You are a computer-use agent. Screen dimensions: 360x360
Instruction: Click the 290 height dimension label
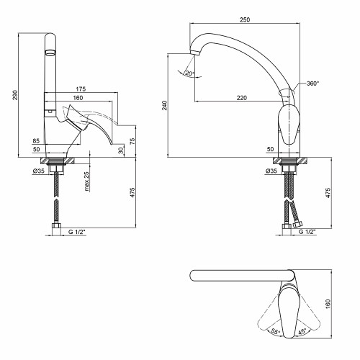(15, 95)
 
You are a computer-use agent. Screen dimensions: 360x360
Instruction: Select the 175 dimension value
(81, 89)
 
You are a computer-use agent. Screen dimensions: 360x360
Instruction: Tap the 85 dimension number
(36, 141)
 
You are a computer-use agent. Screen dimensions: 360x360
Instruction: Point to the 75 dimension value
(132, 141)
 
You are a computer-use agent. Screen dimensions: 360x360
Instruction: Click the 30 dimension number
(121, 150)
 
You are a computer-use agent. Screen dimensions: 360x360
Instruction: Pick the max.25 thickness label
(86, 181)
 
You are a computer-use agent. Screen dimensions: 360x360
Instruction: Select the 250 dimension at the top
(245, 19)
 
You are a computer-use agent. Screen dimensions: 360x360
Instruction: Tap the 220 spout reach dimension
(242, 98)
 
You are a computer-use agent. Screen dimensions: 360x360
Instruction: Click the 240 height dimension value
(164, 105)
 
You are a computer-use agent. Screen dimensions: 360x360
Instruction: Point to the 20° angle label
(190, 73)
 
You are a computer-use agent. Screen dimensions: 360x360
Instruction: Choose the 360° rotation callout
(312, 84)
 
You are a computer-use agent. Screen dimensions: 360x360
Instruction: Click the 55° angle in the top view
(275, 331)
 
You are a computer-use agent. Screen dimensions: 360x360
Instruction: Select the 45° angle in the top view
(302, 331)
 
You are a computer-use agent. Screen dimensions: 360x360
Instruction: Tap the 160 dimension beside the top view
(328, 304)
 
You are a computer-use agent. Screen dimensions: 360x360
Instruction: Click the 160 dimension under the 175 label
(78, 98)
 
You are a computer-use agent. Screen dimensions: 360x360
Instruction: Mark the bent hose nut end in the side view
(298, 225)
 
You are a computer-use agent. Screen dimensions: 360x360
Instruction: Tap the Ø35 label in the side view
(39, 171)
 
